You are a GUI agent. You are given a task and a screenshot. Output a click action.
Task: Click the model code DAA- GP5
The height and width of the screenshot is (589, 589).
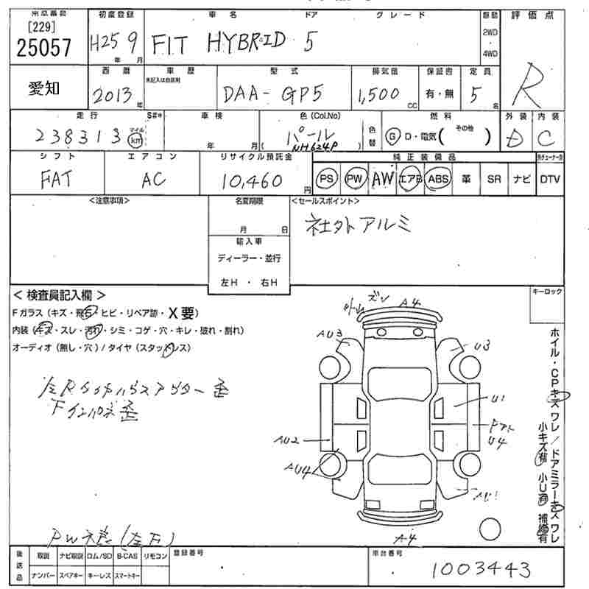click(266, 94)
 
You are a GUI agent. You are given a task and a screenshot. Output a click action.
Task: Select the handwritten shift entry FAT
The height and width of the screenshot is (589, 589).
click(55, 179)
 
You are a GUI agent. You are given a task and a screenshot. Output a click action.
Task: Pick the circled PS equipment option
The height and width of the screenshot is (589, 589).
click(327, 179)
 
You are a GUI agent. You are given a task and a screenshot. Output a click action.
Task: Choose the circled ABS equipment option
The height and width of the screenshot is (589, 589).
click(438, 179)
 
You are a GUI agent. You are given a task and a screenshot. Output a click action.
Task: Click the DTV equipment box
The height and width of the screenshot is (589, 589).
click(549, 179)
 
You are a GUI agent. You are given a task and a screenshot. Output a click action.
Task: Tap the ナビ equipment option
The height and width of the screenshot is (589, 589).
click(520, 179)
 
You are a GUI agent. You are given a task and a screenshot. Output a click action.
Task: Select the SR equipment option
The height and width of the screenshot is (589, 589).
click(493, 179)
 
